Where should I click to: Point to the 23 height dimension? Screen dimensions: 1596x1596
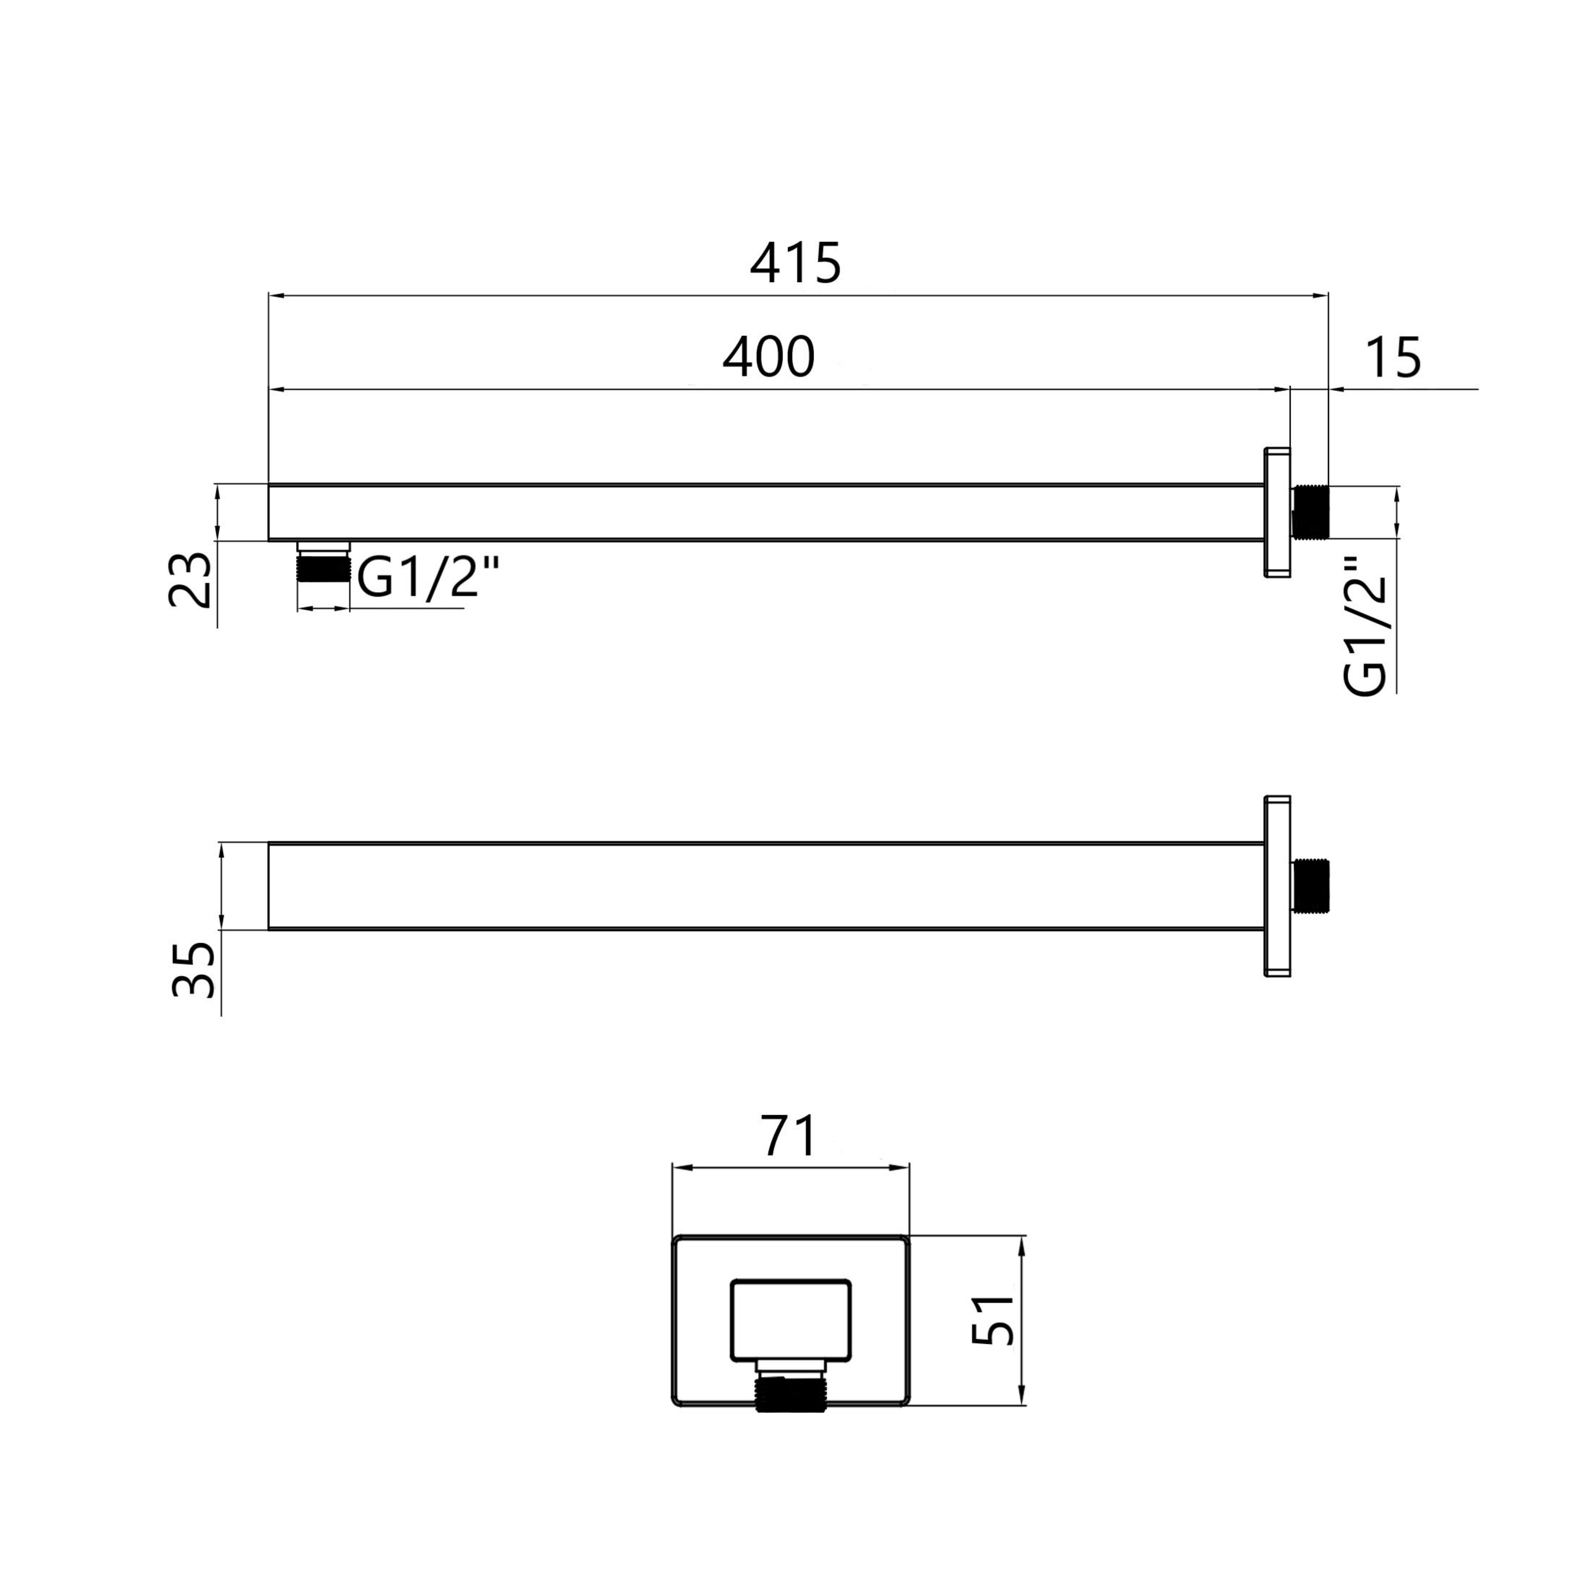[x=190, y=580]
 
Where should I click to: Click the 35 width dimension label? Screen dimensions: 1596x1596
[x=193, y=969]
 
